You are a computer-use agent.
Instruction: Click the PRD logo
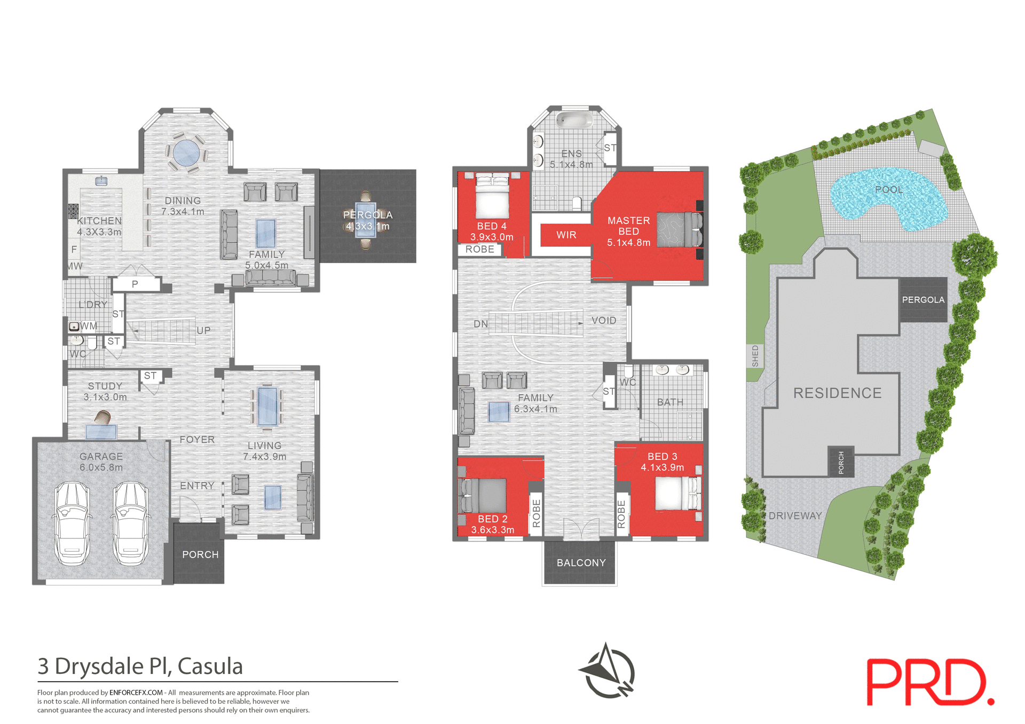click(929, 682)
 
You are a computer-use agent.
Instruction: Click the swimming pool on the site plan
click(887, 198)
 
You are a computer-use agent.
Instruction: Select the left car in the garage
click(72, 523)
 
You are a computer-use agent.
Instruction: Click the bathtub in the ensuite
click(574, 120)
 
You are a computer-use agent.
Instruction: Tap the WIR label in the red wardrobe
click(566, 235)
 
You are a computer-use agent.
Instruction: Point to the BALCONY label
click(581, 563)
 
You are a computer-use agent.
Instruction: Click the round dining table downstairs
click(186, 153)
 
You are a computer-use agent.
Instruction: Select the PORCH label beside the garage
click(200, 555)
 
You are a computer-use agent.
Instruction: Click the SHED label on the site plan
click(755, 356)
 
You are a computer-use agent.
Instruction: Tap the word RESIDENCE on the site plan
click(837, 393)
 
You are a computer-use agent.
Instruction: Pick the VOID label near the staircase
click(604, 321)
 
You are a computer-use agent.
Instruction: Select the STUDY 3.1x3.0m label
click(105, 392)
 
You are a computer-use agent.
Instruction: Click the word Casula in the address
click(210, 666)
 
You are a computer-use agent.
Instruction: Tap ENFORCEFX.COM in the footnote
click(136, 693)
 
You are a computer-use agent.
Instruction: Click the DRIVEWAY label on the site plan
click(795, 516)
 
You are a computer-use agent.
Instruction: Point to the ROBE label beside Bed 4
click(479, 250)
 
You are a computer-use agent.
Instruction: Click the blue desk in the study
click(101, 432)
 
